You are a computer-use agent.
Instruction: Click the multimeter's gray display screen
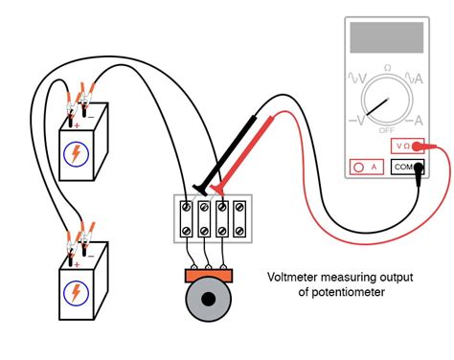(x=388, y=37)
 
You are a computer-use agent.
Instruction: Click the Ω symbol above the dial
(x=388, y=67)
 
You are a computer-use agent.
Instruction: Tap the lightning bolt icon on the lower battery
(x=75, y=292)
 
